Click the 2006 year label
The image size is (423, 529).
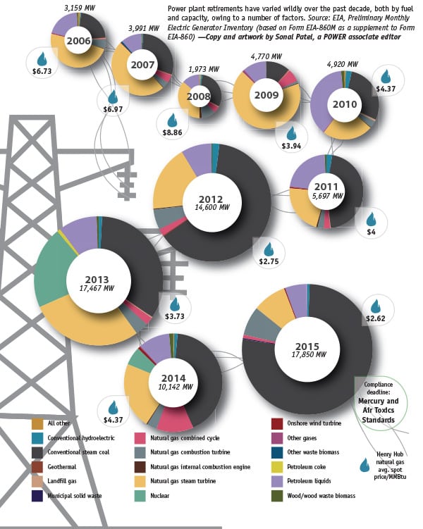pos(78,40)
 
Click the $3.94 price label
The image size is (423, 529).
pos(290,146)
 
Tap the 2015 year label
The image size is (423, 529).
pos(307,346)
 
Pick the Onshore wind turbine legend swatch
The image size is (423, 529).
pos(278,423)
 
